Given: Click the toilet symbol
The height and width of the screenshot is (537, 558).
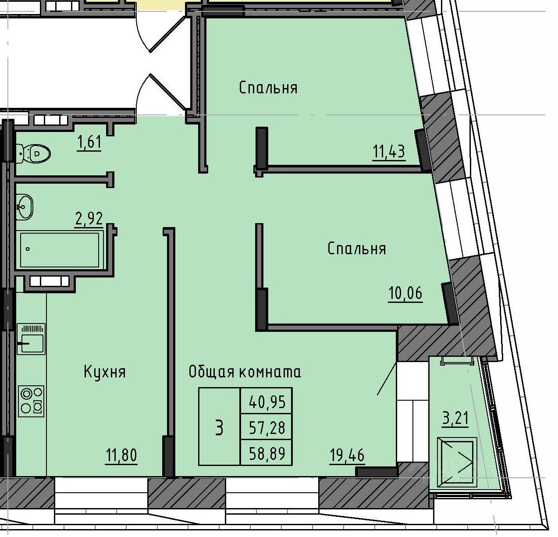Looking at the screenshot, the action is (33, 154).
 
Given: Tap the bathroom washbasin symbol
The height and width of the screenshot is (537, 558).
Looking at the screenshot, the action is (25, 207).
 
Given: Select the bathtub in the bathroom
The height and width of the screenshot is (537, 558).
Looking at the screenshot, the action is (60, 249).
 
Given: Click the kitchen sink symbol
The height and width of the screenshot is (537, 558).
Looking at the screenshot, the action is (31, 339).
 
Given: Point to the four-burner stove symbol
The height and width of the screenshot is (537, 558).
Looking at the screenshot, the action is (31, 401).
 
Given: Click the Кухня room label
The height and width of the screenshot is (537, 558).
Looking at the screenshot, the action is (105, 373).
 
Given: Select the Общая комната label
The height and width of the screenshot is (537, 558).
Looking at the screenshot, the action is (245, 372).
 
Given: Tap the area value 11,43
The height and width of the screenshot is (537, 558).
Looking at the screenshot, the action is (389, 152).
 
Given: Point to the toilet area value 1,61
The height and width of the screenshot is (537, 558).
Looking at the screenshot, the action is (89, 142).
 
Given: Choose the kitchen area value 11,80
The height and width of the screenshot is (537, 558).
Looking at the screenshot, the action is (121, 455).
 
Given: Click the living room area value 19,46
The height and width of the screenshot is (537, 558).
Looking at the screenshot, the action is (347, 455).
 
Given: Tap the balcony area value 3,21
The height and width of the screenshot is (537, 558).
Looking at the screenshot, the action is (455, 418).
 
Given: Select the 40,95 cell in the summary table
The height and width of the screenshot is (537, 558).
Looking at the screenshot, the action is (266, 401).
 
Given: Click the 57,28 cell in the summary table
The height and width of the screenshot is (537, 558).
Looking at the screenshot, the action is (266, 427).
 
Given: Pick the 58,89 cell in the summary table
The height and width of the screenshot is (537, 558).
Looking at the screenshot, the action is (266, 452).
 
